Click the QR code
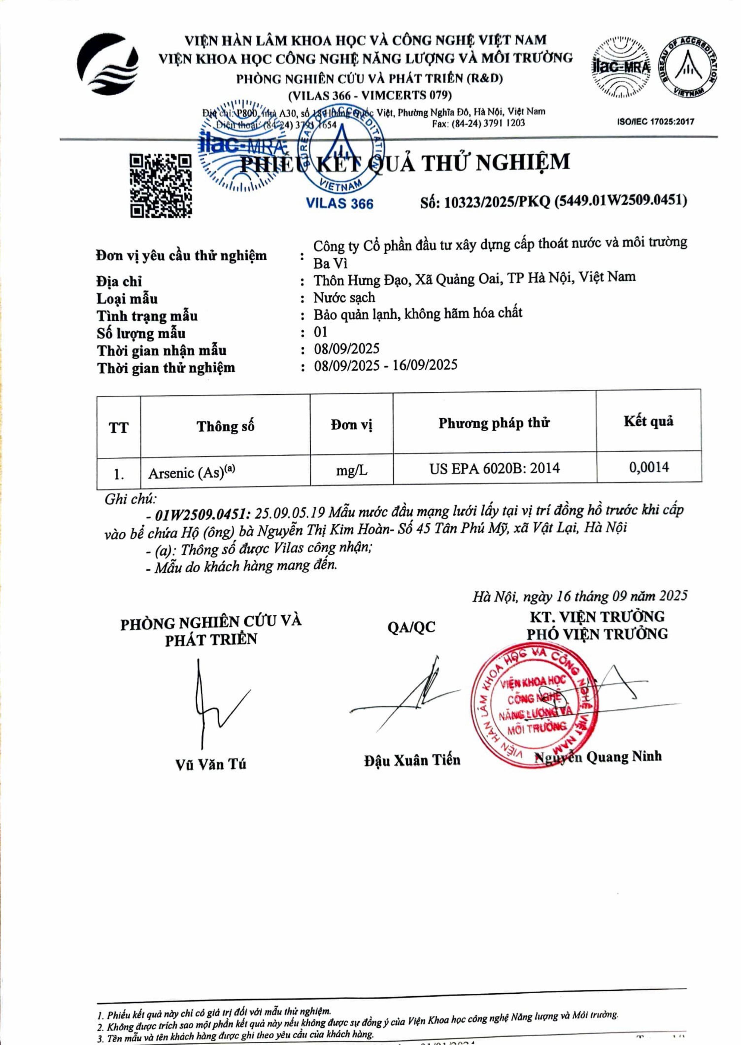161,186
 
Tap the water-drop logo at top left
108,64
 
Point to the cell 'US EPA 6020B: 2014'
494,468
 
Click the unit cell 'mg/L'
351,470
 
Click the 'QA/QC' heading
411,627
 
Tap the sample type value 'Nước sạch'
344,298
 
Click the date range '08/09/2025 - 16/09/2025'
385,365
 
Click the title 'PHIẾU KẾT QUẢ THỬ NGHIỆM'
405,163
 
